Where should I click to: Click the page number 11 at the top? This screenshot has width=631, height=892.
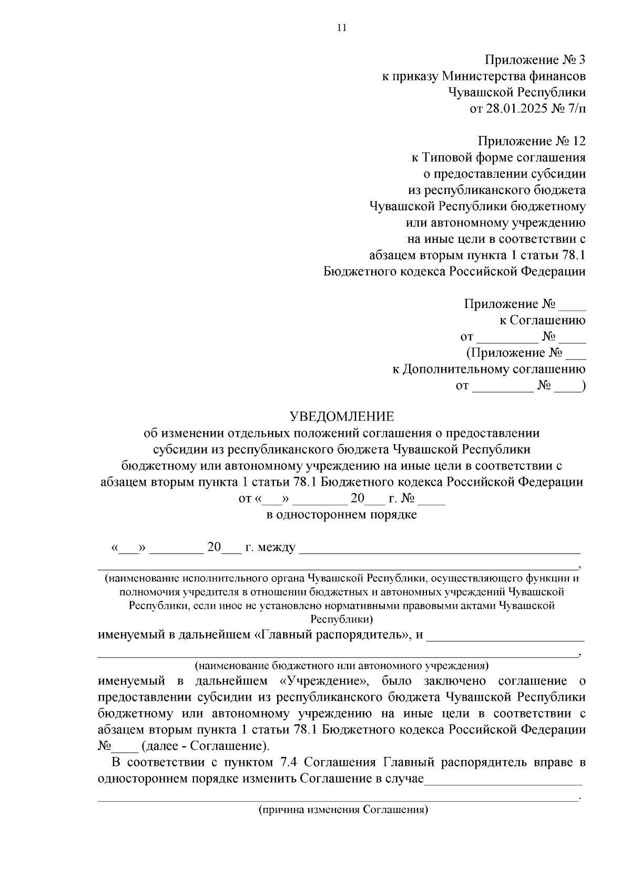click(x=342, y=28)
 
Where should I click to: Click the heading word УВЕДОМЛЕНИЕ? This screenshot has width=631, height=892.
click(x=342, y=417)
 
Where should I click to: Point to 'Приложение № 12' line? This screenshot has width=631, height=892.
click(x=531, y=141)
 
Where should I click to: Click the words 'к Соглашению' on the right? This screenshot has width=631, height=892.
click(x=542, y=320)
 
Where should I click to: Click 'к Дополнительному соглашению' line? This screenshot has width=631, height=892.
click(x=488, y=369)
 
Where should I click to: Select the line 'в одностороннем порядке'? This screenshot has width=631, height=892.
click(x=342, y=515)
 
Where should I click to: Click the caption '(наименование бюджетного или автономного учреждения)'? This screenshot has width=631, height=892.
click(x=342, y=666)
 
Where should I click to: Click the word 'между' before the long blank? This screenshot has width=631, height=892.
click(x=278, y=548)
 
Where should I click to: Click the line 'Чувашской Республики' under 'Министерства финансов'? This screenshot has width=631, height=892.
click(x=516, y=93)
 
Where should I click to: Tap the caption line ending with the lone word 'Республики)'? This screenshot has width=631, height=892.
click(x=342, y=619)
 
